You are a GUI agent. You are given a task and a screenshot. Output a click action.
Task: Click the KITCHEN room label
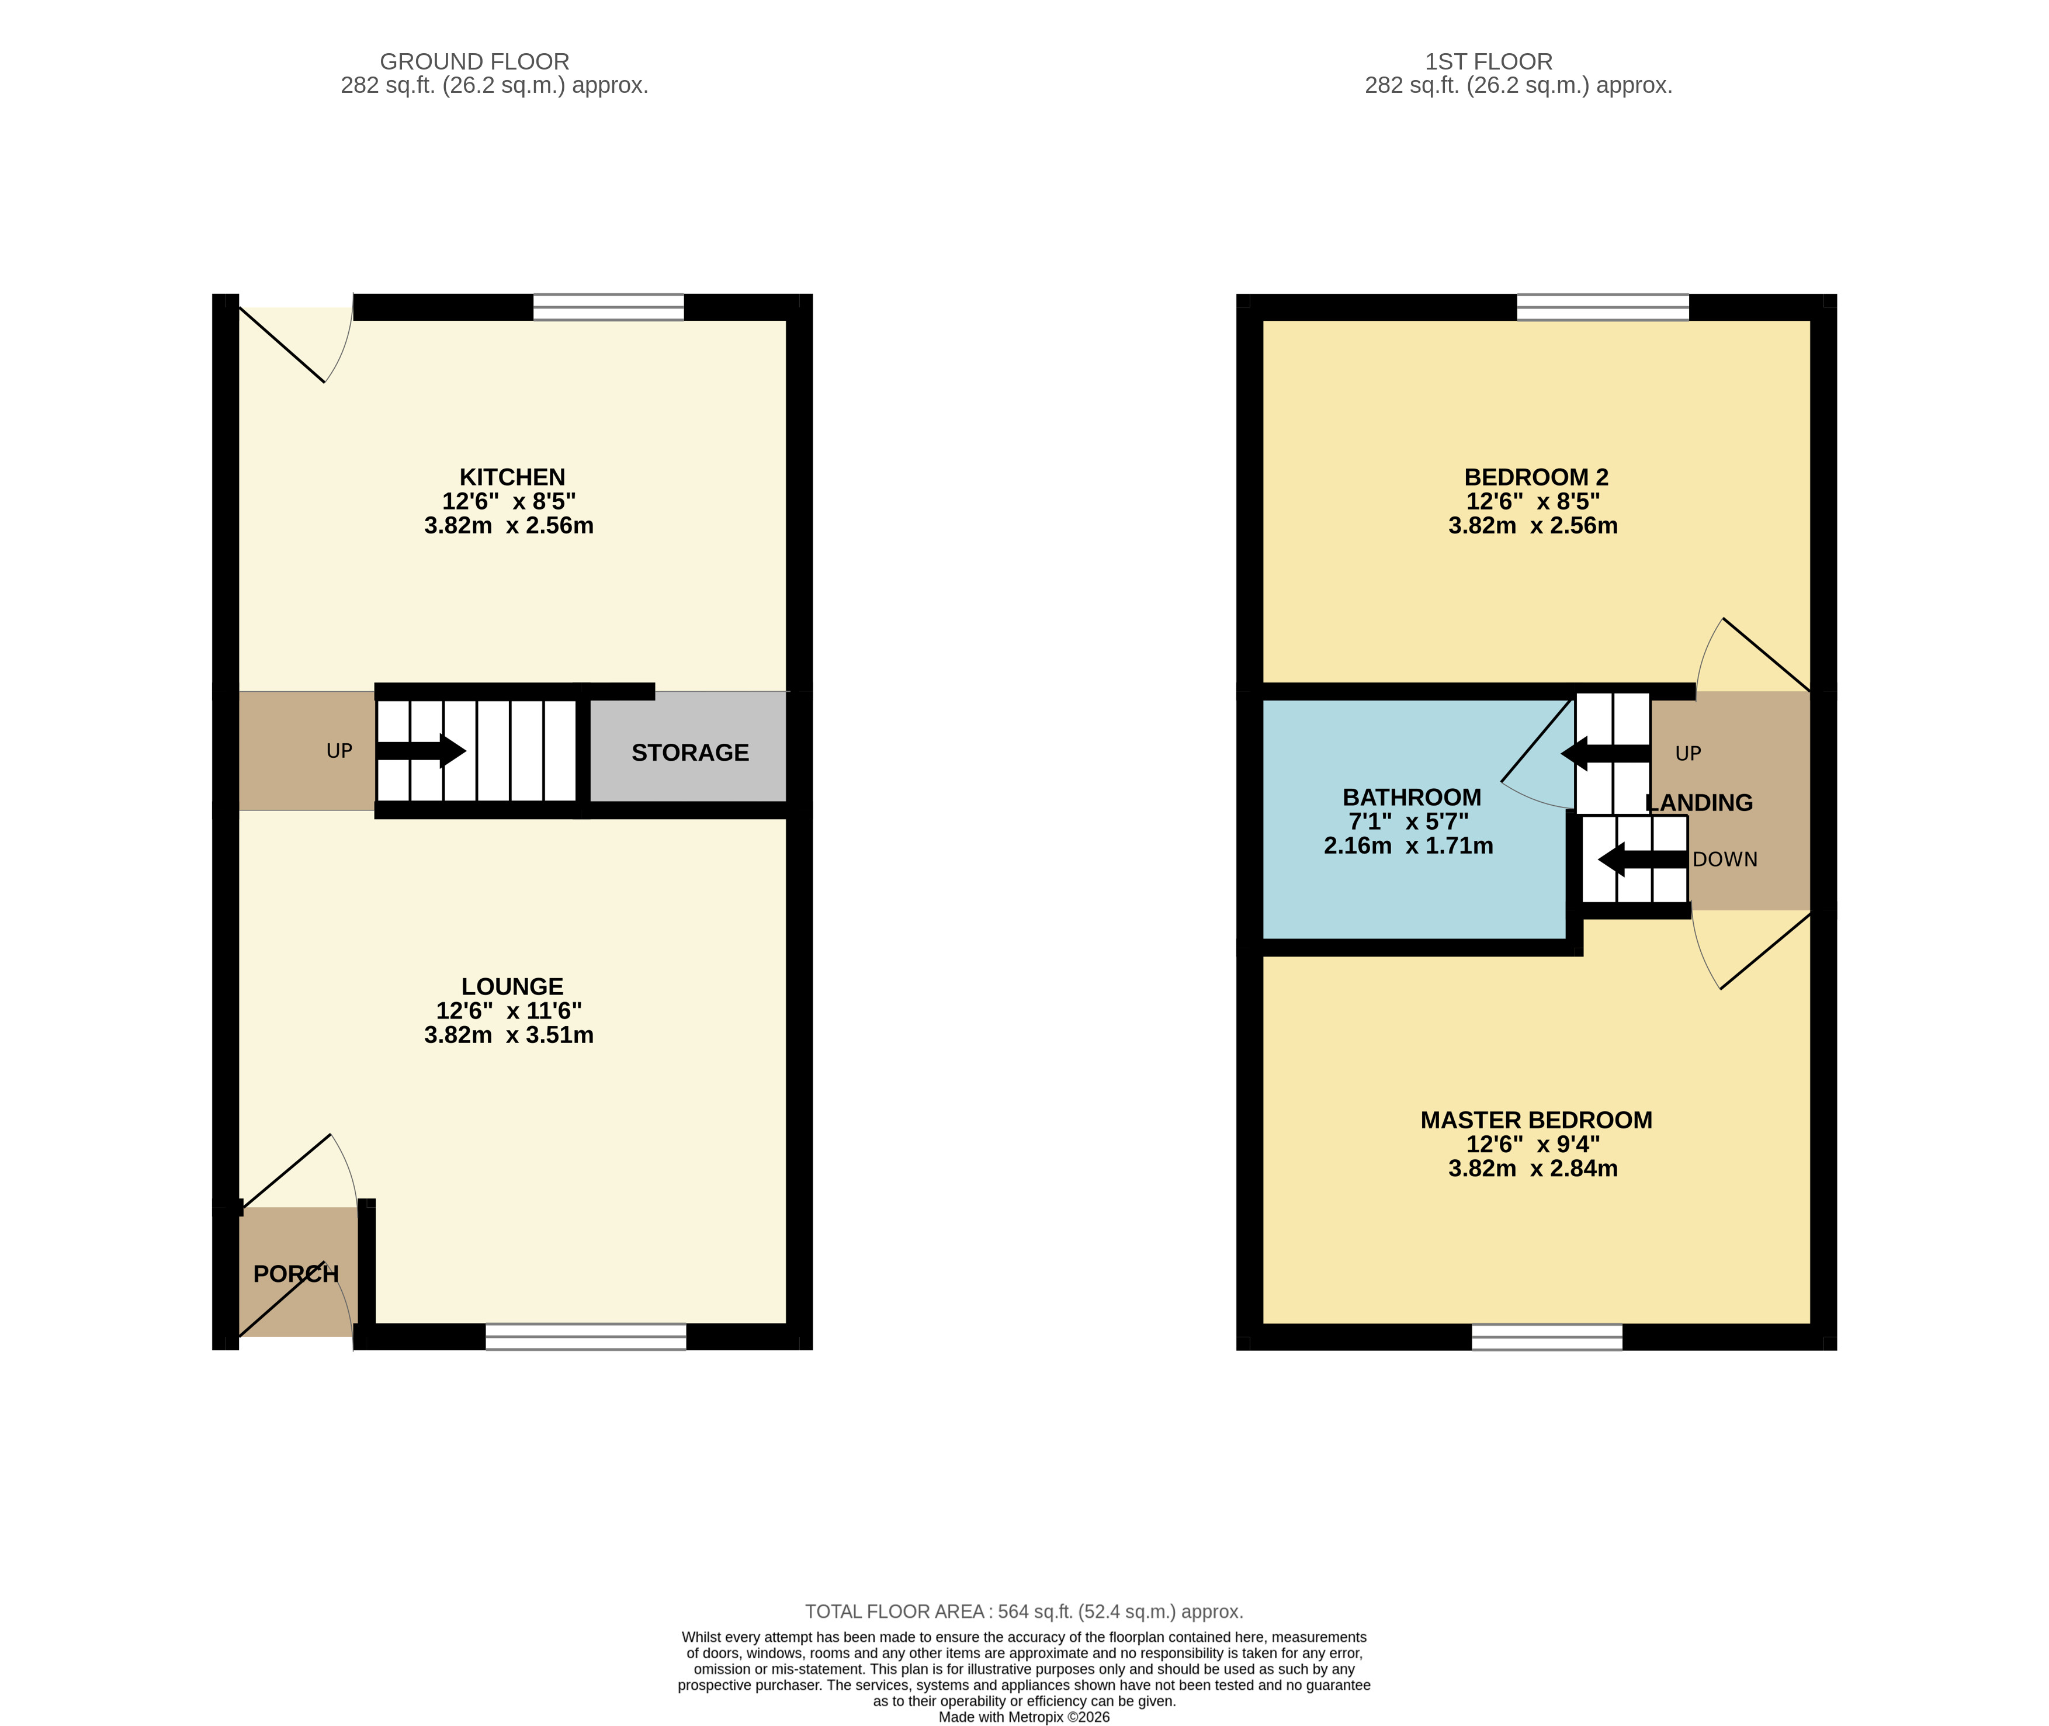512,477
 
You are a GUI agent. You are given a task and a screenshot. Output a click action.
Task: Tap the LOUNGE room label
512,986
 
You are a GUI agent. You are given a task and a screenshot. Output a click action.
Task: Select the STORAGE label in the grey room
690,753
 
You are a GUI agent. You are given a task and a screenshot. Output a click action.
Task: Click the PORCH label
296,1274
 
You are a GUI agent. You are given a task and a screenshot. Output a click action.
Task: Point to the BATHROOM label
1411,798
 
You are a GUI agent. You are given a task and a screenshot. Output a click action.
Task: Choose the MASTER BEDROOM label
1536,1120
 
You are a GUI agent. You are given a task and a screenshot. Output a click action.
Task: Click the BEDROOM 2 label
1536,477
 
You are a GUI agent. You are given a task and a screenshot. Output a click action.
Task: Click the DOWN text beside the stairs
1725,859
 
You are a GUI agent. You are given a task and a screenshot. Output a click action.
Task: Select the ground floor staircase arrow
421,750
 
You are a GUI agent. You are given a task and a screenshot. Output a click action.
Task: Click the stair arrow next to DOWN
1643,859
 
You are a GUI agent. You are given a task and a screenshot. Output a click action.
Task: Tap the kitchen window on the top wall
609,307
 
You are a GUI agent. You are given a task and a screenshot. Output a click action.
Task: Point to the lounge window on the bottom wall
586,1337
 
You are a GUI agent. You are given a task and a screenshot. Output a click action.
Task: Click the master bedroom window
1547,1337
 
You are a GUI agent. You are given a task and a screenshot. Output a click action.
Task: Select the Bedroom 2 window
1603,307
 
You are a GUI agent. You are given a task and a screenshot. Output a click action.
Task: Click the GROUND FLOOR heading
474,62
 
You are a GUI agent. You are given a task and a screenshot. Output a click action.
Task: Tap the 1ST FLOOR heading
1488,62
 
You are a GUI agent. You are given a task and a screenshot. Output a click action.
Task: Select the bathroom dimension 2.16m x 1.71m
1408,845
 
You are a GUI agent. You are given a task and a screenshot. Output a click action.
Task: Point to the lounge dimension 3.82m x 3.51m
509,1034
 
